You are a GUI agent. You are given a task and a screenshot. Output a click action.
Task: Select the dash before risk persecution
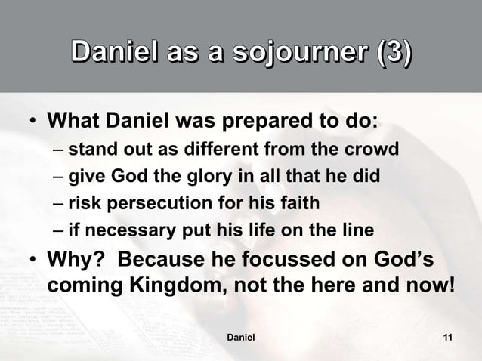[x=59, y=203]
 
